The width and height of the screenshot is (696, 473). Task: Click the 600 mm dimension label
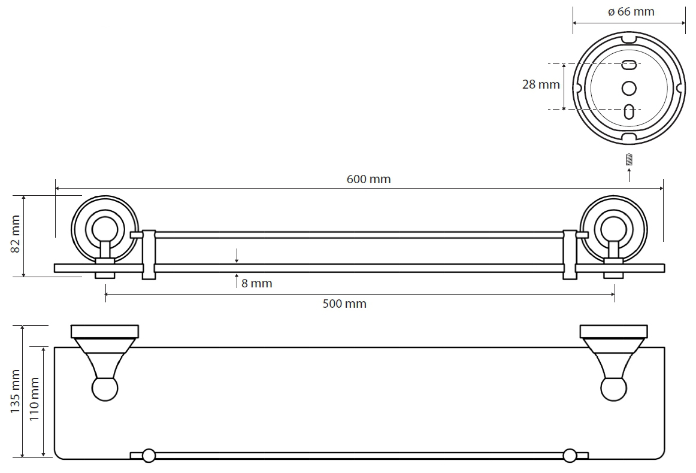[368, 179]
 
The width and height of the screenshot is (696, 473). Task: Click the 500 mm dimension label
[344, 304]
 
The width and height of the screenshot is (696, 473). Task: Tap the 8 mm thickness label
[256, 284]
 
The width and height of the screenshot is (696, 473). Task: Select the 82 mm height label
[16, 234]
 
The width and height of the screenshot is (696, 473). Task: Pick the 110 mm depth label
[35, 399]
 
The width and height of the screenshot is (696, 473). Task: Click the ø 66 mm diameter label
[631, 11]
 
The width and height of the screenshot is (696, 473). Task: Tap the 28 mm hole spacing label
[541, 84]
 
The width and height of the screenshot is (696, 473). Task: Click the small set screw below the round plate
[629, 159]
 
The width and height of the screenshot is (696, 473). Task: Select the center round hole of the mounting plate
[629, 88]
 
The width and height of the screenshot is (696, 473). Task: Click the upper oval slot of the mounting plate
[629, 64]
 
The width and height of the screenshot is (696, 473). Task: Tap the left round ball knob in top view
[105, 389]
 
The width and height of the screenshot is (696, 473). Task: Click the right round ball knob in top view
[614, 389]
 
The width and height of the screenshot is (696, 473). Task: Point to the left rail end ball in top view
[149, 456]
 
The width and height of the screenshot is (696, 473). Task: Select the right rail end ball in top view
[569, 456]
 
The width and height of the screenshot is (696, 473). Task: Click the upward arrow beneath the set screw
[629, 175]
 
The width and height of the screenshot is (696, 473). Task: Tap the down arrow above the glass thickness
[237, 256]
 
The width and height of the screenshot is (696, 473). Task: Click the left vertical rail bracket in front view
[149, 254]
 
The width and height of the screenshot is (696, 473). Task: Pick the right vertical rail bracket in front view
[570, 254]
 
